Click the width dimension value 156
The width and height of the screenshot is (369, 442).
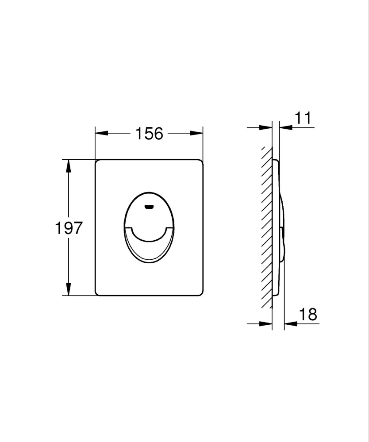[x=149, y=133]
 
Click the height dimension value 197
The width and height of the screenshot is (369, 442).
[x=69, y=228]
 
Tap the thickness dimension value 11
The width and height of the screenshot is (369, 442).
[x=303, y=119]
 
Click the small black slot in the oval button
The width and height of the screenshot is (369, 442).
[x=150, y=206]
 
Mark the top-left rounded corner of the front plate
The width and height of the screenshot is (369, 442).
[x=97, y=161]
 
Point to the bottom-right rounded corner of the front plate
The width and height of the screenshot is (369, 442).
[x=201, y=292]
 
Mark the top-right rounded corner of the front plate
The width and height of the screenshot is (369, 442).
[x=201, y=161]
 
